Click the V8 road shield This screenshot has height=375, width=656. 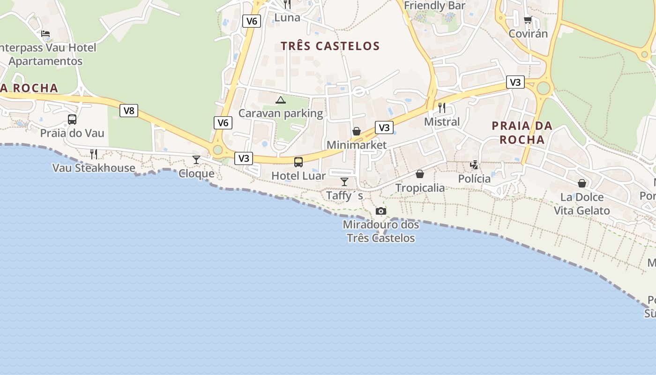(x=129, y=111)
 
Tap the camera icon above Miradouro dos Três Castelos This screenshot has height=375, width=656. (x=381, y=211)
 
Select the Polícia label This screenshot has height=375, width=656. (x=474, y=179)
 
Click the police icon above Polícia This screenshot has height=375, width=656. (x=474, y=165)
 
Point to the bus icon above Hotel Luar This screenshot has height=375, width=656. (x=298, y=162)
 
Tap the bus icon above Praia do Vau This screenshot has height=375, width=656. (x=72, y=120)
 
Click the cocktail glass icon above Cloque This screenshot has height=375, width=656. (x=196, y=159)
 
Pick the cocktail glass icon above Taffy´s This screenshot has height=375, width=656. (x=344, y=182)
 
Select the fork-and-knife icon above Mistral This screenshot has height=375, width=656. (x=442, y=108)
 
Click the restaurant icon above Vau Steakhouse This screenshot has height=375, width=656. (x=94, y=154)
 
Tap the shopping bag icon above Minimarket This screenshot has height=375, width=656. (x=357, y=131)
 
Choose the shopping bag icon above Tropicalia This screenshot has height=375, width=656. (x=420, y=174)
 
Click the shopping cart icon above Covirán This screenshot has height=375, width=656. (x=528, y=20)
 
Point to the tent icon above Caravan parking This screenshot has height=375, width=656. (x=280, y=100)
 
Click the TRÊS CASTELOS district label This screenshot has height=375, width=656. (x=330, y=46)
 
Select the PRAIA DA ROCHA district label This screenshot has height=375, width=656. (x=522, y=133)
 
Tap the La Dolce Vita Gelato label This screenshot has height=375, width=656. (x=582, y=204)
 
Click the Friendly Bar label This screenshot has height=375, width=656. (x=435, y=6)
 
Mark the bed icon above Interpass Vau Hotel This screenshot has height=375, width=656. (x=45, y=33)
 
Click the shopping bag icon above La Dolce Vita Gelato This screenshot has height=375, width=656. (x=582, y=183)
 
